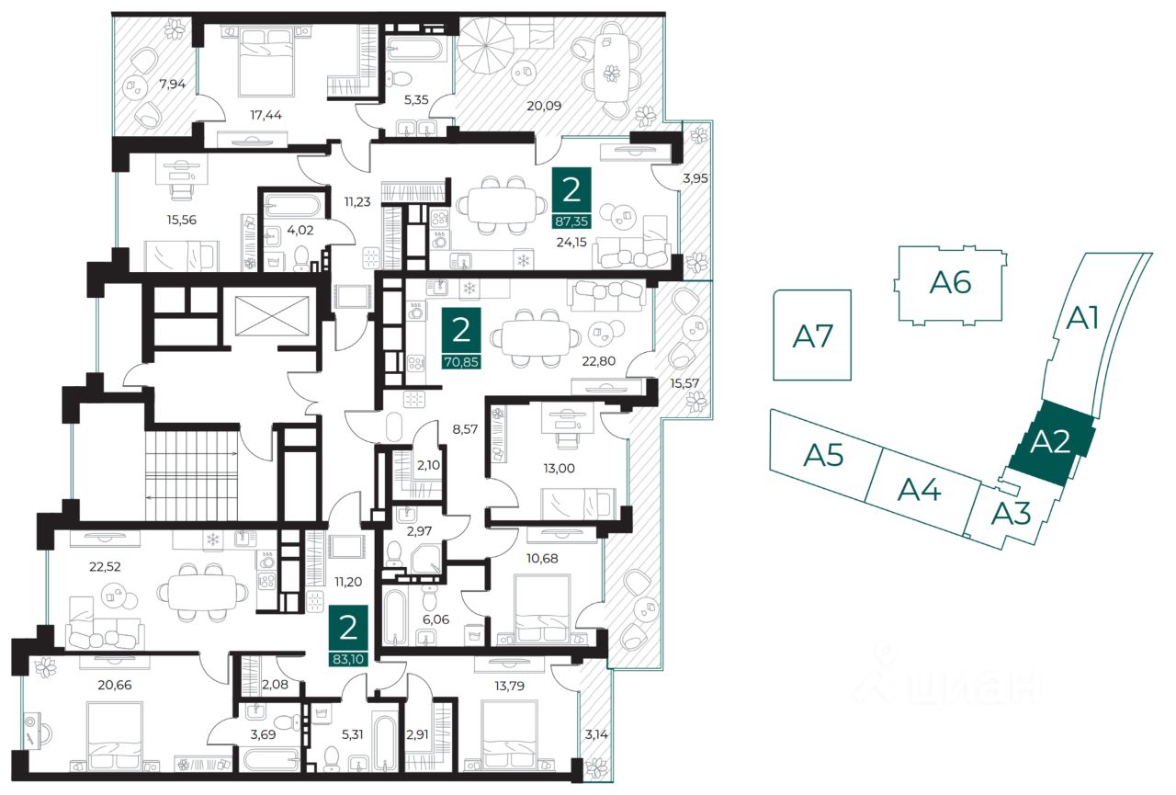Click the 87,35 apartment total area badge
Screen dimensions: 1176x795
pyautogui.click(x=571, y=198)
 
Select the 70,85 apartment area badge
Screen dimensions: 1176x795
pyautogui.click(x=461, y=339)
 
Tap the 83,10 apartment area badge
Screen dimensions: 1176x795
pyautogui.click(x=348, y=636)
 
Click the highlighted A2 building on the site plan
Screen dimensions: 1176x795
pyautogui.click(x=1051, y=442)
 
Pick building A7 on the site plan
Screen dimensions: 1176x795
pyautogui.click(x=812, y=335)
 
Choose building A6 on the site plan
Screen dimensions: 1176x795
pyautogui.click(x=950, y=284)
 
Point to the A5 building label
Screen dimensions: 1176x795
pyautogui.click(x=823, y=455)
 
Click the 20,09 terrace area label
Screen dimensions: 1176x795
pyautogui.click(x=544, y=106)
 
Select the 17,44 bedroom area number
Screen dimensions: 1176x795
pyautogui.click(x=266, y=115)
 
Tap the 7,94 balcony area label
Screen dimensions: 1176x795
pyautogui.click(x=172, y=84)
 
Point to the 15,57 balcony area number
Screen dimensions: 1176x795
pyautogui.click(x=684, y=383)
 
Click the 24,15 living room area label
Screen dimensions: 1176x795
pyautogui.click(x=571, y=242)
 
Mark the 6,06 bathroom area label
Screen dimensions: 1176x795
pyautogui.click(x=435, y=619)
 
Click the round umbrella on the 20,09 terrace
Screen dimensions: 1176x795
pyautogui.click(x=486, y=46)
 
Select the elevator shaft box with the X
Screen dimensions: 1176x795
pyautogui.click(x=273, y=315)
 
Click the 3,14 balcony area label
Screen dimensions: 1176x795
pyautogui.click(x=596, y=734)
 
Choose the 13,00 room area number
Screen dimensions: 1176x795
pyautogui.click(x=559, y=469)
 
